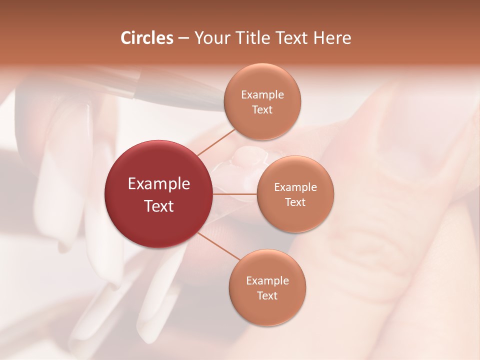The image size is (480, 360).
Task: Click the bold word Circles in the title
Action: pyautogui.click(x=147, y=38)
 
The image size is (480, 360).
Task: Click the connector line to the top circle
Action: pyautogui.click(x=216, y=142)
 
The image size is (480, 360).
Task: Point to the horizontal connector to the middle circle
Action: pyautogui.click(x=234, y=194)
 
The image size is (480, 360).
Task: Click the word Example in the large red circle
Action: pyautogui.click(x=159, y=183)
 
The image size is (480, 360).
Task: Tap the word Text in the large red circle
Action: pyautogui.click(x=159, y=206)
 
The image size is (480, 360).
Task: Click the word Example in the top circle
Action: pyautogui.click(x=262, y=94)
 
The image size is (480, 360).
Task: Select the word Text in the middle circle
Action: pyautogui.click(x=295, y=202)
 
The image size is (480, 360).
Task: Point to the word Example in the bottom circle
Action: pyautogui.click(x=267, y=280)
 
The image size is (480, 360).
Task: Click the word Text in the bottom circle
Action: pyautogui.click(x=267, y=295)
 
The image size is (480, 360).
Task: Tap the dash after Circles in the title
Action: pyautogui.click(x=183, y=38)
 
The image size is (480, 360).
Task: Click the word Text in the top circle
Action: pyautogui.click(x=262, y=109)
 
